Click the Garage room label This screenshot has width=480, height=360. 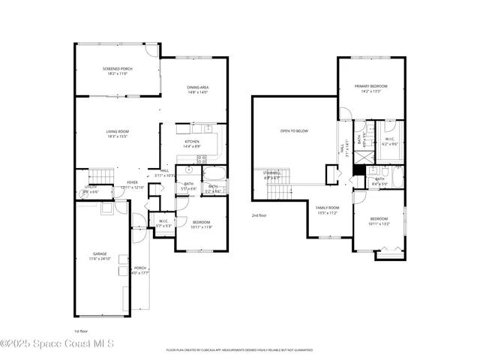(x=100, y=256)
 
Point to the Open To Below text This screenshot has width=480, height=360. (x=294, y=130)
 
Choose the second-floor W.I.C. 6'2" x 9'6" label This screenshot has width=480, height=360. (x=390, y=140)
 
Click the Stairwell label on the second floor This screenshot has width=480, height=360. (x=271, y=175)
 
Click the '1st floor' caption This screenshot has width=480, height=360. (x=81, y=331)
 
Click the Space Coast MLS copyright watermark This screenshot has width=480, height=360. (x=57, y=344)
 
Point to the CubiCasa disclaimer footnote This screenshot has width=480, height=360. (x=240, y=349)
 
